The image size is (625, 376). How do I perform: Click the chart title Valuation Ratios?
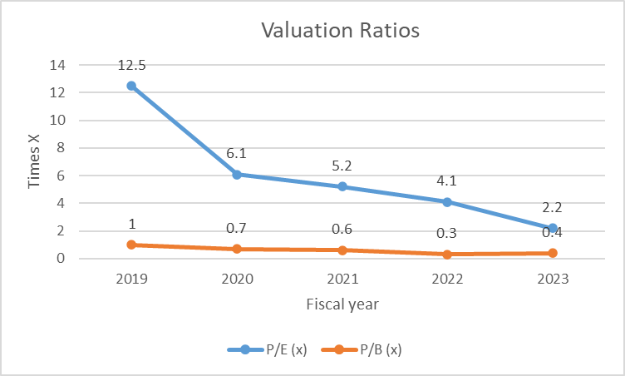click(x=341, y=32)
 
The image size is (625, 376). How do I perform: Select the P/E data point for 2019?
click(x=131, y=86)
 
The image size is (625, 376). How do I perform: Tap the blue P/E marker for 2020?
click(x=237, y=175)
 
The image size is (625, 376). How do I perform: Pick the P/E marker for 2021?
click(x=342, y=186)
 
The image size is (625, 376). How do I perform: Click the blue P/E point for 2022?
click(x=447, y=202)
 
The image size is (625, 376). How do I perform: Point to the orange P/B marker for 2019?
click(x=131, y=245)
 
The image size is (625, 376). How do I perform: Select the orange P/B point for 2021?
click(x=342, y=250)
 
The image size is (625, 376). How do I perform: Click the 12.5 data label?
click(x=131, y=65)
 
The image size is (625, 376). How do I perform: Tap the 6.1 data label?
click(x=237, y=153)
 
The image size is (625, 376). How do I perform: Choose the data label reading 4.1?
click(x=447, y=181)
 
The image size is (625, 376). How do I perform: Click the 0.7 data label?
click(x=237, y=228)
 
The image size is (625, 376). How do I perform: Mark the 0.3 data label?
click(x=447, y=234)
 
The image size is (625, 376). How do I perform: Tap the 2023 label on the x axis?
click(x=552, y=280)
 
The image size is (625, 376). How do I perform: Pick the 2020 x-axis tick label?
click(x=237, y=280)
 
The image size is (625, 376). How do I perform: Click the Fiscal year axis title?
click(x=342, y=304)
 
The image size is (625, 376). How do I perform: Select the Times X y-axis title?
click(x=35, y=161)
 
